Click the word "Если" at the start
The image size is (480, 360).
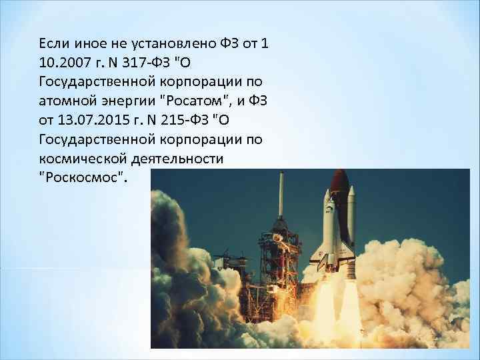tap(55, 44)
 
